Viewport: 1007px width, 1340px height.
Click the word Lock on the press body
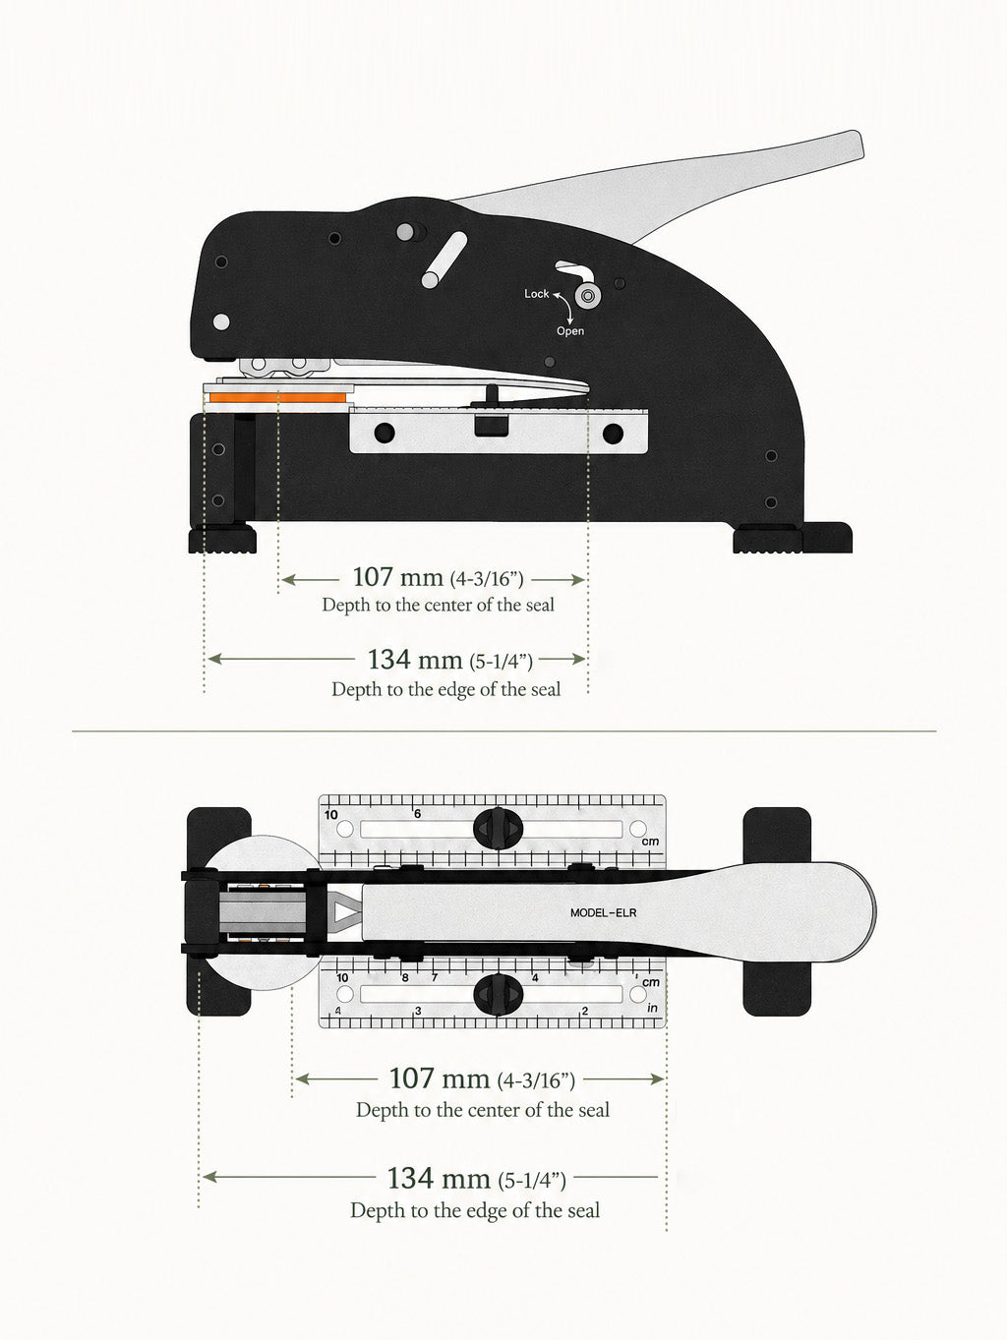click(x=537, y=294)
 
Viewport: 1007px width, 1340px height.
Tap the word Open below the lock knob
click(x=569, y=331)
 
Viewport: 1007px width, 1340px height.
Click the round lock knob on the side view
click(x=587, y=297)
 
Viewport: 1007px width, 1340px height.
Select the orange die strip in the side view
click(x=278, y=398)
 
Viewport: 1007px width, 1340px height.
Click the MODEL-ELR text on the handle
click(x=604, y=912)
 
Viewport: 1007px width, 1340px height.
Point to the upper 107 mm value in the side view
click(x=397, y=577)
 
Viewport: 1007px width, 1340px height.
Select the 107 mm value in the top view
click(x=439, y=1078)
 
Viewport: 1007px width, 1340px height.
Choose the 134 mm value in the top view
click(x=439, y=1178)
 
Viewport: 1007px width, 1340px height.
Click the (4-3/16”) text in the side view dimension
click(x=487, y=579)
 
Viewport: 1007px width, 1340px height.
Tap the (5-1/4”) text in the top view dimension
click(x=532, y=1181)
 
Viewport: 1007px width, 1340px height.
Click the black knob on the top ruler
click(x=499, y=829)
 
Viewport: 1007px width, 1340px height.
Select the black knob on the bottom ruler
click(x=499, y=993)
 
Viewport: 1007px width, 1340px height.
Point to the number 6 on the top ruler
click(x=418, y=814)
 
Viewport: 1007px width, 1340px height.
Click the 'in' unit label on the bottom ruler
click(x=652, y=1008)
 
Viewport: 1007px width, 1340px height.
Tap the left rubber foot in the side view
click(x=222, y=538)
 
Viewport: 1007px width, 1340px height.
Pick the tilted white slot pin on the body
click(x=444, y=261)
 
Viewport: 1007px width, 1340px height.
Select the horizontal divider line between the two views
click(x=503, y=730)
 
